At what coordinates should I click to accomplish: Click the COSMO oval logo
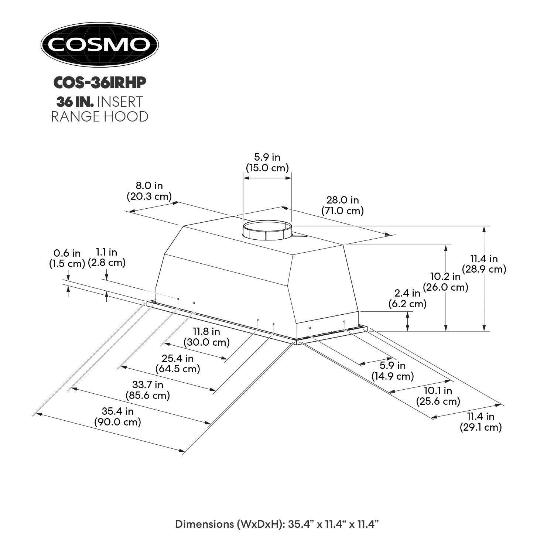[x=99, y=44]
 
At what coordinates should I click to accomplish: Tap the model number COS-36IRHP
[x=99, y=83]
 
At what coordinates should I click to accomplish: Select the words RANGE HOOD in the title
[x=99, y=116]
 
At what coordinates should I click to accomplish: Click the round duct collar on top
[x=267, y=230]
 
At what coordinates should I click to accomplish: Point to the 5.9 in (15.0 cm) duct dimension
[x=267, y=163]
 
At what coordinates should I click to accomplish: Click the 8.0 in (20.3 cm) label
[x=149, y=191]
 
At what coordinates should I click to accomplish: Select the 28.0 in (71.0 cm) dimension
[x=342, y=205]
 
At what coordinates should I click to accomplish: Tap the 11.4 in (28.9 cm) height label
[x=484, y=264]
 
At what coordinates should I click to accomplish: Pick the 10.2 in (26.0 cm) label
[x=445, y=282]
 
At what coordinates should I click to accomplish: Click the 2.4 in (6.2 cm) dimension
[x=407, y=298]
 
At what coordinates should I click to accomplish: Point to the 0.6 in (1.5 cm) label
[x=67, y=259]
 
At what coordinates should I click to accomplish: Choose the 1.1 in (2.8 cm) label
[x=107, y=257]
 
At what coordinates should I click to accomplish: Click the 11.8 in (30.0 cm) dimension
[x=206, y=337]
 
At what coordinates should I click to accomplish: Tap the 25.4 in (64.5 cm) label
[x=178, y=363]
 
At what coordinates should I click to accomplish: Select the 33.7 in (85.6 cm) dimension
[x=148, y=390]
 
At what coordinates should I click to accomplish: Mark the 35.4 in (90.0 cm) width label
[x=118, y=416]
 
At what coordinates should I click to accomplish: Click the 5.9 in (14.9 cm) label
[x=392, y=371]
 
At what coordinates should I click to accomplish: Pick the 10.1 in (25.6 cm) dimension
[x=438, y=396]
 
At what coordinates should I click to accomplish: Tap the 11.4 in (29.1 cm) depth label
[x=481, y=422]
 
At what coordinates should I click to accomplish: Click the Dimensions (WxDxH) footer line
[x=277, y=524]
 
